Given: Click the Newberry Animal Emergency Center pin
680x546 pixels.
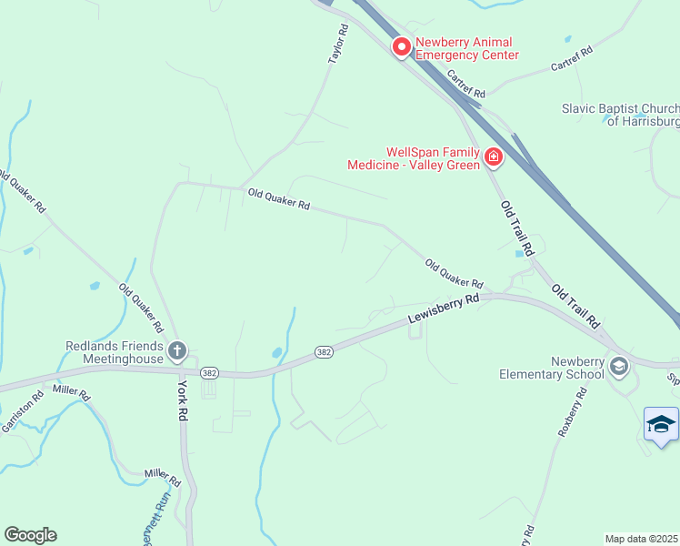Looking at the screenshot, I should coord(401,46).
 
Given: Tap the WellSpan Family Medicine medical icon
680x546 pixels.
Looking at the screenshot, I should coord(493,157).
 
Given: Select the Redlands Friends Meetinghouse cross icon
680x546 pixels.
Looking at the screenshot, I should coord(177,350).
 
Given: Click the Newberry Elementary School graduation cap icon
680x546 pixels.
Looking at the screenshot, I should coord(619,367).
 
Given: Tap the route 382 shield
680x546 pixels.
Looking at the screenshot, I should coord(324,351).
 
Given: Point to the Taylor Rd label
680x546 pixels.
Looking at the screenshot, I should coord(338,44).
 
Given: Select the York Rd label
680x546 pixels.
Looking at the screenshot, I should coord(183,401).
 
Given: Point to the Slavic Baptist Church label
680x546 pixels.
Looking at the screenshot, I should coord(621,115).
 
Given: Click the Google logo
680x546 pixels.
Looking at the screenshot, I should coord(30,535).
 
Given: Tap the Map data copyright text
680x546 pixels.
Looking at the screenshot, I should coord(642,539).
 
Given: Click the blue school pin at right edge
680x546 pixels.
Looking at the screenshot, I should coord(661,425).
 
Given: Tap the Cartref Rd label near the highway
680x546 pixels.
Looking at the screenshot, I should coord(466,87).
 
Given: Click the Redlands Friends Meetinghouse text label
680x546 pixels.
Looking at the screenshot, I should coord(115,352).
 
